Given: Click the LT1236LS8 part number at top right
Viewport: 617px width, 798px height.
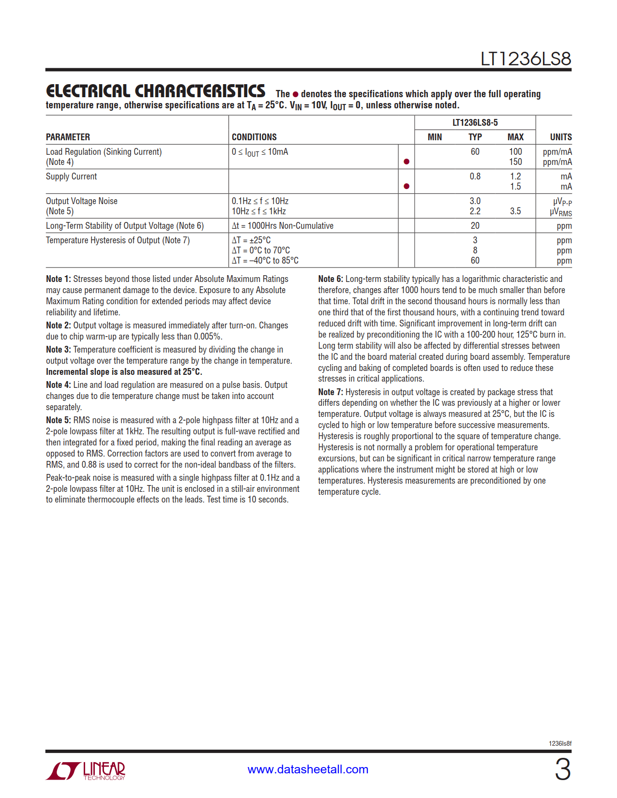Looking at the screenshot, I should pyautogui.click(x=526, y=59).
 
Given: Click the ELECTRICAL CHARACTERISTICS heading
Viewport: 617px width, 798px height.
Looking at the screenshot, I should pyautogui.click(x=155, y=91).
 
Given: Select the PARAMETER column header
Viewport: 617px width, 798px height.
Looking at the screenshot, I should pyautogui.click(x=68, y=137).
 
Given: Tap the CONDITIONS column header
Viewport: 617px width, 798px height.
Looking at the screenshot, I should pyautogui.click(x=254, y=137).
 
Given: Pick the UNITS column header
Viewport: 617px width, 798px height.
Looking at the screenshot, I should pyautogui.click(x=560, y=137).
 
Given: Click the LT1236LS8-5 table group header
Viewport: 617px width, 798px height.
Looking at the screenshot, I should pyautogui.click(x=475, y=123).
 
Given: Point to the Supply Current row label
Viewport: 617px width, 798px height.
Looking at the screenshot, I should pyautogui.click(x=71, y=177).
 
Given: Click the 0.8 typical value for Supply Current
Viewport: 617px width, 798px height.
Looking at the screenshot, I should pyautogui.click(x=475, y=177).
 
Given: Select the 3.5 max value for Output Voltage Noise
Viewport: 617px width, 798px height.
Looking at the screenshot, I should pyautogui.click(x=515, y=211).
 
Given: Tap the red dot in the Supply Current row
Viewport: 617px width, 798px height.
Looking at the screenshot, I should pyautogui.click(x=406, y=186).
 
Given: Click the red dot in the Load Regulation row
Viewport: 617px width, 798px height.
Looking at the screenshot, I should pyautogui.click(x=406, y=162).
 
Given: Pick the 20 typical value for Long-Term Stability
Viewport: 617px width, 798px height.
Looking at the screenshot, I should pyautogui.click(x=475, y=226).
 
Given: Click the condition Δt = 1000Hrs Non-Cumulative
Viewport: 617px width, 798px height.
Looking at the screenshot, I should pyautogui.click(x=283, y=226).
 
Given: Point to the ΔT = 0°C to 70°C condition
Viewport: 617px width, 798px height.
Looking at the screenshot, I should pyautogui.click(x=261, y=251).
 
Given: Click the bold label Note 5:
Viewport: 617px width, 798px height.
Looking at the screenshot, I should pyautogui.click(x=58, y=420).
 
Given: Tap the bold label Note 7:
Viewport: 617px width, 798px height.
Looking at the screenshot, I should pyautogui.click(x=331, y=392).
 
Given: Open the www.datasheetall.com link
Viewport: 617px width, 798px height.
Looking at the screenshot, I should pyautogui.click(x=308, y=769).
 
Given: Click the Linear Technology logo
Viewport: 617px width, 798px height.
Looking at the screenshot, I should pyautogui.click(x=86, y=770).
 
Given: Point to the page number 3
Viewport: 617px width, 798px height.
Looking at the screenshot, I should pyautogui.click(x=562, y=769).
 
